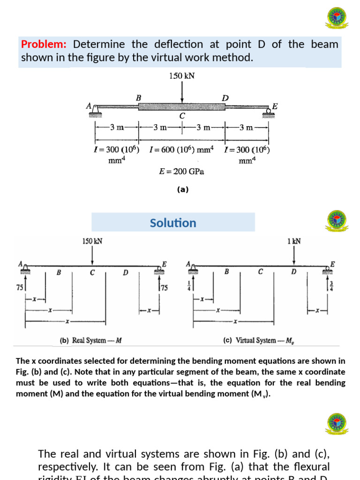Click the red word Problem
click(44, 45)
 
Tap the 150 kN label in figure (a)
click(181, 76)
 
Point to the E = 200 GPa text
click(182, 172)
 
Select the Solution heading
click(173, 223)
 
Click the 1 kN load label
click(294, 241)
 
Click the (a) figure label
click(182, 190)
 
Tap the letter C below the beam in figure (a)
click(182, 116)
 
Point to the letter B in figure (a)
click(138, 97)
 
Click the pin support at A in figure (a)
click(95, 109)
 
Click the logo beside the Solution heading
click(336, 220)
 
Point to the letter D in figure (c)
click(293, 271)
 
